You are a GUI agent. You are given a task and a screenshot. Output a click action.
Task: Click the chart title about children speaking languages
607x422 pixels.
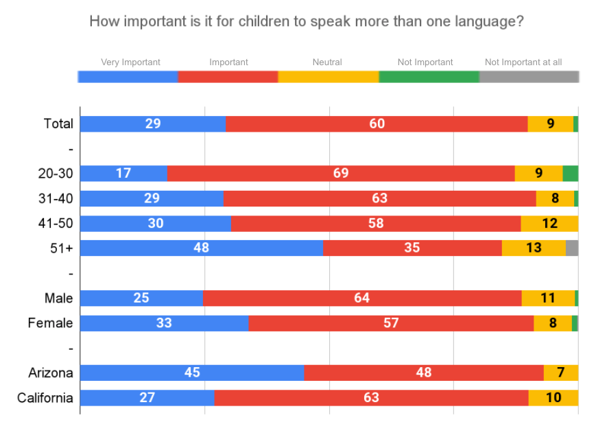point(307,21)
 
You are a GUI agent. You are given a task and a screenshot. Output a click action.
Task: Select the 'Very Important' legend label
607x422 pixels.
point(130,62)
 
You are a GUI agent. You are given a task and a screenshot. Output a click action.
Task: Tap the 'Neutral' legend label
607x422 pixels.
point(327,62)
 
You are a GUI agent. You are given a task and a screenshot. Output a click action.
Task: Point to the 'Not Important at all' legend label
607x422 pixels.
point(523,62)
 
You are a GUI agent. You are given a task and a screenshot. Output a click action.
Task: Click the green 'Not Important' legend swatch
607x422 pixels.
point(429,77)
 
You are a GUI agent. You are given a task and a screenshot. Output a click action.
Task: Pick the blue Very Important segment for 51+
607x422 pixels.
point(202,248)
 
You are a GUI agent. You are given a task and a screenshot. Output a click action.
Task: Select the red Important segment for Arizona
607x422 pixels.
point(424,373)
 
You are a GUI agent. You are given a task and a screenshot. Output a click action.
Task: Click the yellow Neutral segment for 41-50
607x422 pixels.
point(549,224)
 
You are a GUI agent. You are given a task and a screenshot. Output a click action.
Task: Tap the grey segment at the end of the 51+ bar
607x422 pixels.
point(572,248)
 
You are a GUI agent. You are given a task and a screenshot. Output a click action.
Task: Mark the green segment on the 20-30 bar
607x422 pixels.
point(571,174)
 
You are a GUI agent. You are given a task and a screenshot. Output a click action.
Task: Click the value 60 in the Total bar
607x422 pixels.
point(377,124)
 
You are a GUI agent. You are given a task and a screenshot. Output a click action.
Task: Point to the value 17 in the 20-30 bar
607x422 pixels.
point(123,174)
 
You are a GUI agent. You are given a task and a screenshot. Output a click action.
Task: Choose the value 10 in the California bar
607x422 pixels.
point(554,398)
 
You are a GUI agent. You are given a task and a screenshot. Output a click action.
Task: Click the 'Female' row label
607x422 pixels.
point(50,323)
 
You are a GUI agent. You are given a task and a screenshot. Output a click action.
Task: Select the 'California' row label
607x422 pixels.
point(45,398)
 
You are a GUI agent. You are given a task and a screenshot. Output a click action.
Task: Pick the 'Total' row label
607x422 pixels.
point(58,124)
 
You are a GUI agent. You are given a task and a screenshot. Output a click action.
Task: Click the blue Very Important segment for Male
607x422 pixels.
point(141,298)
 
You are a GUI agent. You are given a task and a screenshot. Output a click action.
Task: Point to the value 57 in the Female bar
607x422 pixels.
point(391,323)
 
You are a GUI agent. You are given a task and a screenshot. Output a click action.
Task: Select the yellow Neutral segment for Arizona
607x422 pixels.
point(561,373)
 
